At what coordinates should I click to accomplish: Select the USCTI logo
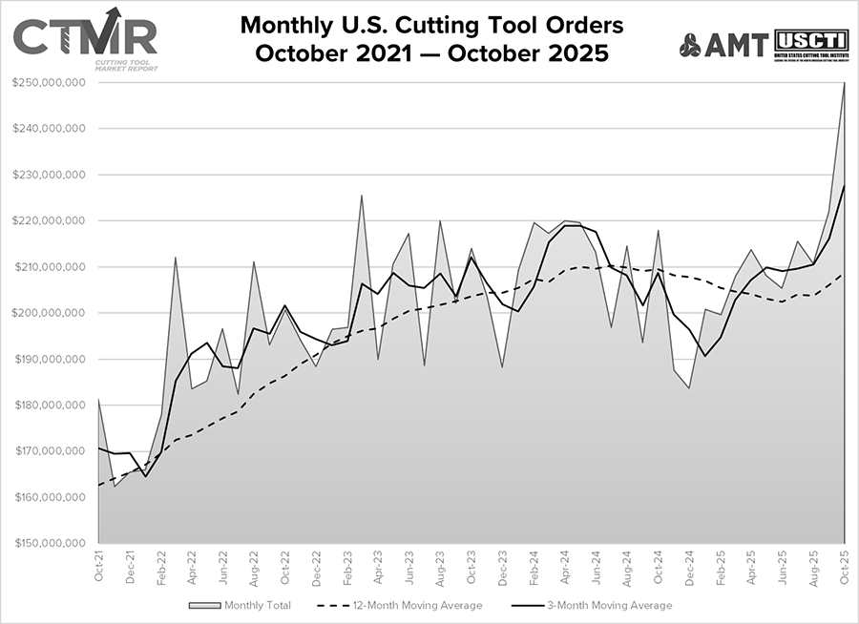point(810,44)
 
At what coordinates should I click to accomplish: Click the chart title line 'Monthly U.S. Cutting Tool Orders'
point(431,23)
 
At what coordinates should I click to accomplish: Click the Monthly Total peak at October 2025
point(845,84)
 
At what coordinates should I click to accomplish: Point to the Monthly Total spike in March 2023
point(362,196)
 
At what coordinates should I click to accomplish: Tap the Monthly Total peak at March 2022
point(176,258)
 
